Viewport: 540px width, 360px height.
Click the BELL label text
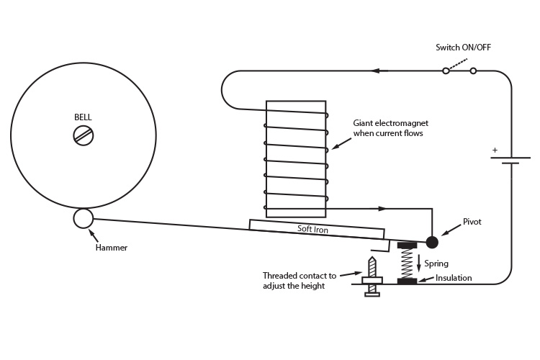point(83,117)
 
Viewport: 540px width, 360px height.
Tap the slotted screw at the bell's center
point(84,135)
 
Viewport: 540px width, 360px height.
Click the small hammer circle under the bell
point(83,218)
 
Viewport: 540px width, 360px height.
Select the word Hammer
point(111,248)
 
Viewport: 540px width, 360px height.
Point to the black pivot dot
point(432,242)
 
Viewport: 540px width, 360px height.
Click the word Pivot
point(472,222)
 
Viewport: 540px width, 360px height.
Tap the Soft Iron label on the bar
point(312,229)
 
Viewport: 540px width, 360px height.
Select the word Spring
point(436,264)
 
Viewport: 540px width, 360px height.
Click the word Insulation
point(454,278)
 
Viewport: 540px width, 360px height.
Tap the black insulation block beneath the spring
point(407,281)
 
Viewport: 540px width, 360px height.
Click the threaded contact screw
point(372,276)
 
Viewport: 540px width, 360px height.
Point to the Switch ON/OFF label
point(463,48)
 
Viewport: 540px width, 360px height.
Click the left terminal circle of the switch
point(446,71)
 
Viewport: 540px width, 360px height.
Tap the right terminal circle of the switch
point(473,71)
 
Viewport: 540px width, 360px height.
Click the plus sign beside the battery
point(495,150)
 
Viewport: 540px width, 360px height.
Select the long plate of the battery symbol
point(510,158)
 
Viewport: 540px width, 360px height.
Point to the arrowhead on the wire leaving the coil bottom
point(382,208)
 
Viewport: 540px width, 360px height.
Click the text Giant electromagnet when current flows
point(390,128)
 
